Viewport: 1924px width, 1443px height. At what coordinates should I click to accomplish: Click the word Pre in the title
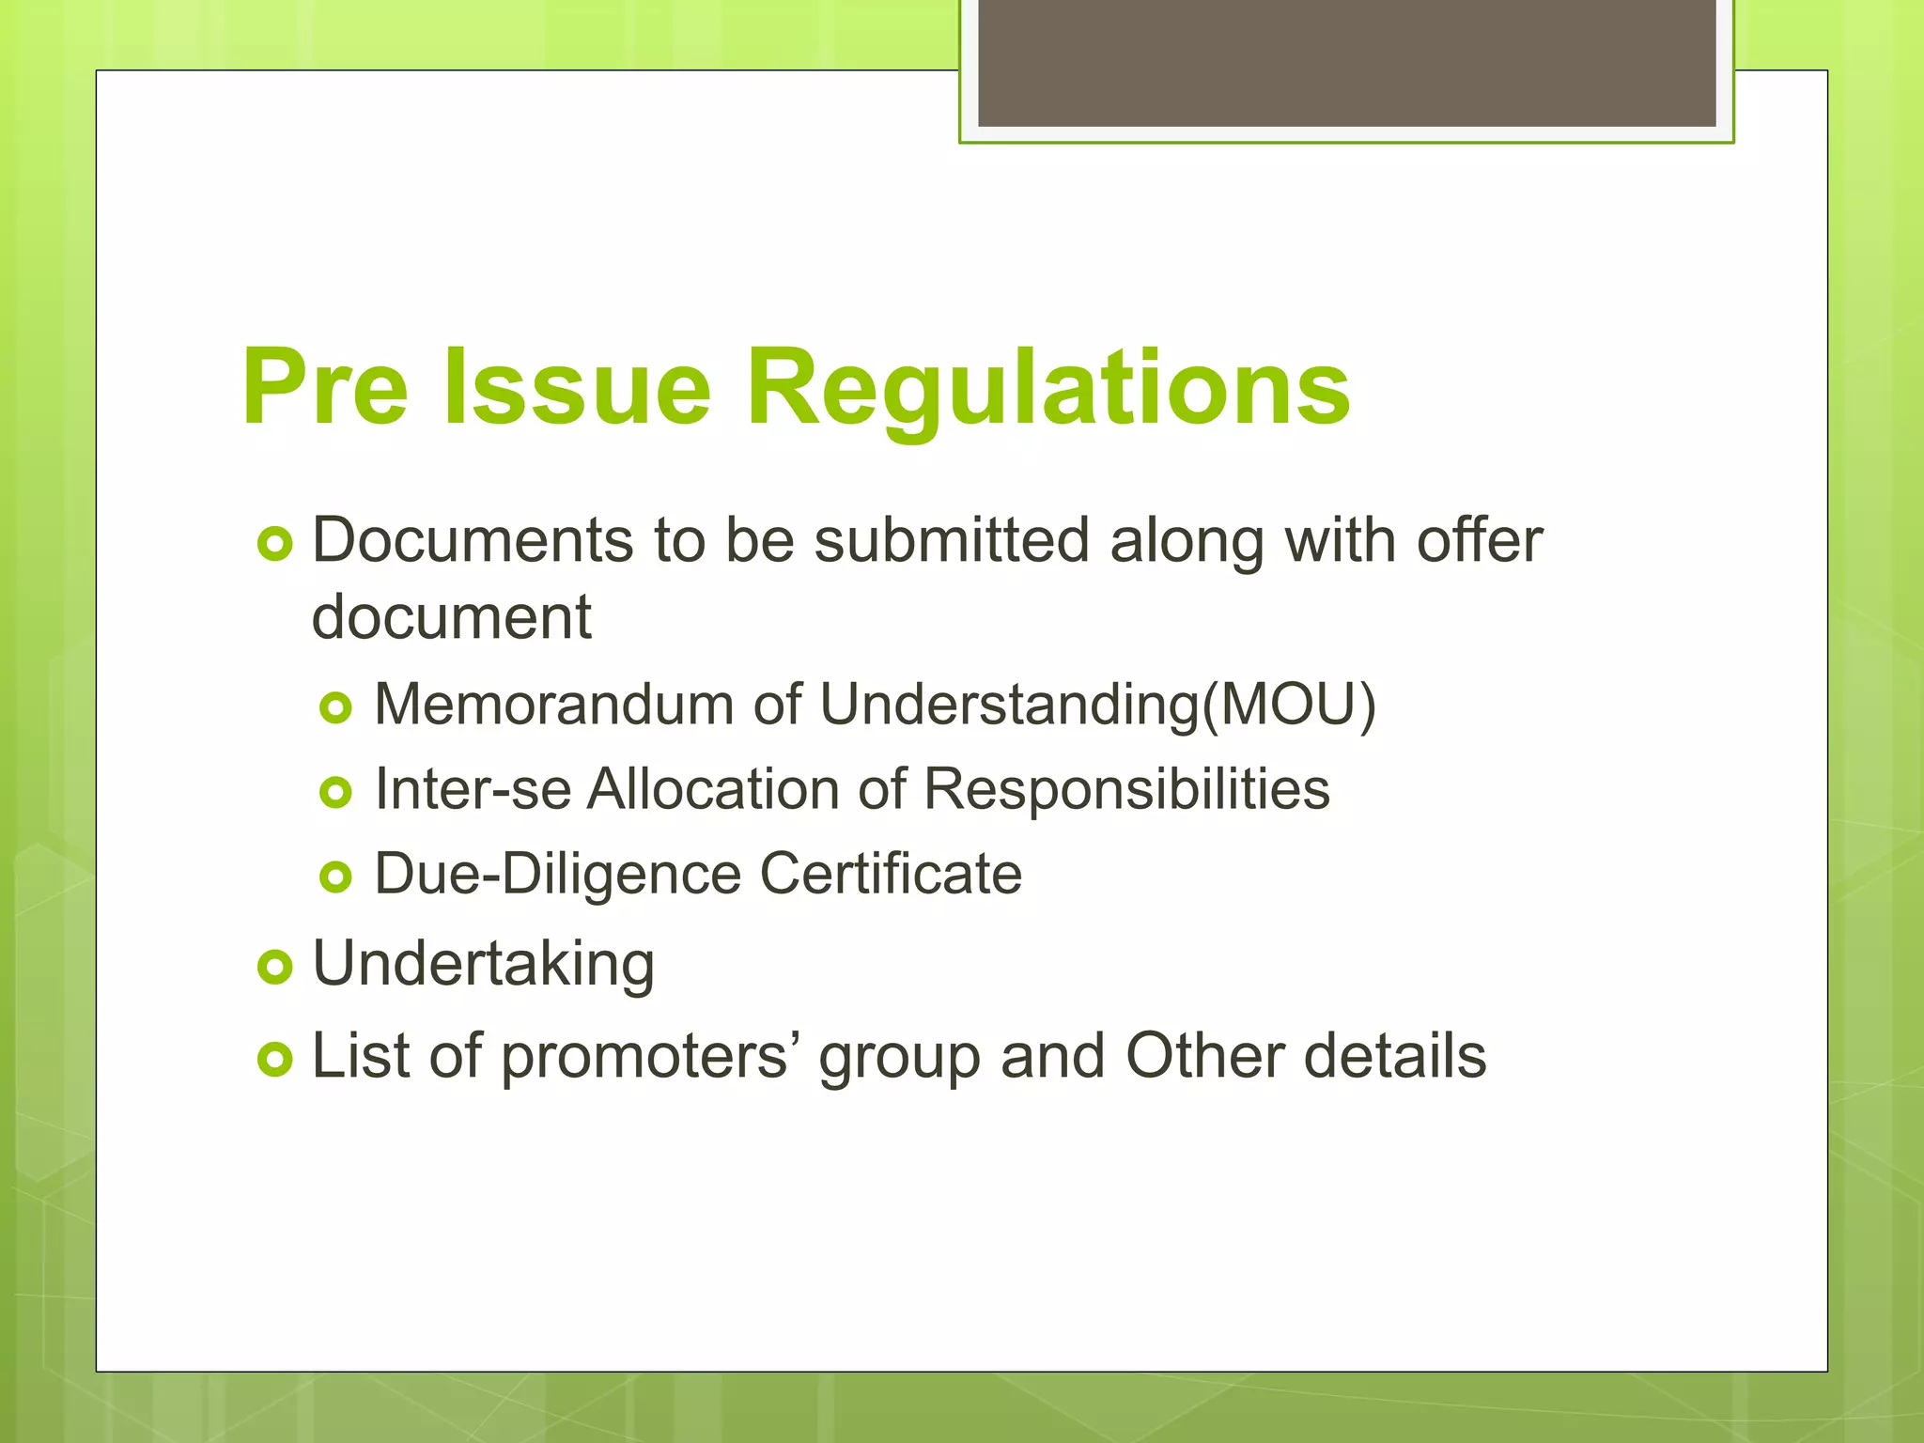[325, 387]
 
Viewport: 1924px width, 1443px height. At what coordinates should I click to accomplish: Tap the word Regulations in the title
[1047, 387]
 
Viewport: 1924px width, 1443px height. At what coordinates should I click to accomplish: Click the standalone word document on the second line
[451, 617]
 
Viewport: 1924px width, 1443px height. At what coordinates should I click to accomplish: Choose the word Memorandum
[553, 704]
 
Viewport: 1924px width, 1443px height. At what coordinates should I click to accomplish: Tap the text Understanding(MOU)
[1097, 704]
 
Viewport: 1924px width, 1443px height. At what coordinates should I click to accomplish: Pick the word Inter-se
[473, 788]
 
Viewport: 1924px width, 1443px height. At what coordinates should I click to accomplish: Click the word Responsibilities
[1126, 788]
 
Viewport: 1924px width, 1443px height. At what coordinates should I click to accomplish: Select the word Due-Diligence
[558, 874]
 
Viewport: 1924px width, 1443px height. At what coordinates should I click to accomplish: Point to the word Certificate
[890, 874]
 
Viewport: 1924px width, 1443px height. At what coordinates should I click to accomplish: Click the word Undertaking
[483, 964]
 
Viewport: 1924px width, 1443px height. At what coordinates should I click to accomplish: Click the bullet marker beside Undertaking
[274, 967]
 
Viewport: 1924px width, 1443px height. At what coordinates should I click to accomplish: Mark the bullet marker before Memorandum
[335, 707]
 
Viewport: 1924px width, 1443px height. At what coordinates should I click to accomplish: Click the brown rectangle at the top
[1346, 62]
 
